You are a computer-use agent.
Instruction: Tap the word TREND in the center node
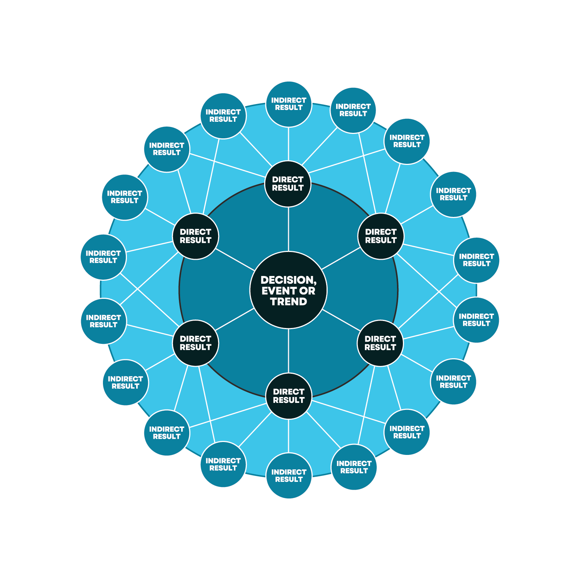click(289, 302)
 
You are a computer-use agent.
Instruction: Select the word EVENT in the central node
click(279, 291)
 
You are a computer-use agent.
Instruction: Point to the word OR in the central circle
click(307, 291)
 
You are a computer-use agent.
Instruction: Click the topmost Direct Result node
click(288, 184)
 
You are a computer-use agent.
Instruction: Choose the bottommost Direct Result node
click(289, 396)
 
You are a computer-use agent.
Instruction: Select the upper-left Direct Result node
click(196, 236)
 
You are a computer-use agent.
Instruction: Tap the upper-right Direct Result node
click(381, 236)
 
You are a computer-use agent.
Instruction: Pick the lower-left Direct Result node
click(196, 343)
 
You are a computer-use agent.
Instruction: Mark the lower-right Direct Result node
click(380, 343)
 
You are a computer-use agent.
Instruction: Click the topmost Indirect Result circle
click(289, 104)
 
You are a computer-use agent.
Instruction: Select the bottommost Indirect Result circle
click(289, 476)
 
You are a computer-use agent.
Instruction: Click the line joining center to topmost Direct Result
click(289, 229)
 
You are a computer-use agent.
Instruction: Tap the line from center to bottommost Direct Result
click(289, 351)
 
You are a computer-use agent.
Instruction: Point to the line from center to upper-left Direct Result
click(235, 259)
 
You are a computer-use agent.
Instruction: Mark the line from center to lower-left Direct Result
click(235, 320)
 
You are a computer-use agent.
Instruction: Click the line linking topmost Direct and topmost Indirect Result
click(289, 144)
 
